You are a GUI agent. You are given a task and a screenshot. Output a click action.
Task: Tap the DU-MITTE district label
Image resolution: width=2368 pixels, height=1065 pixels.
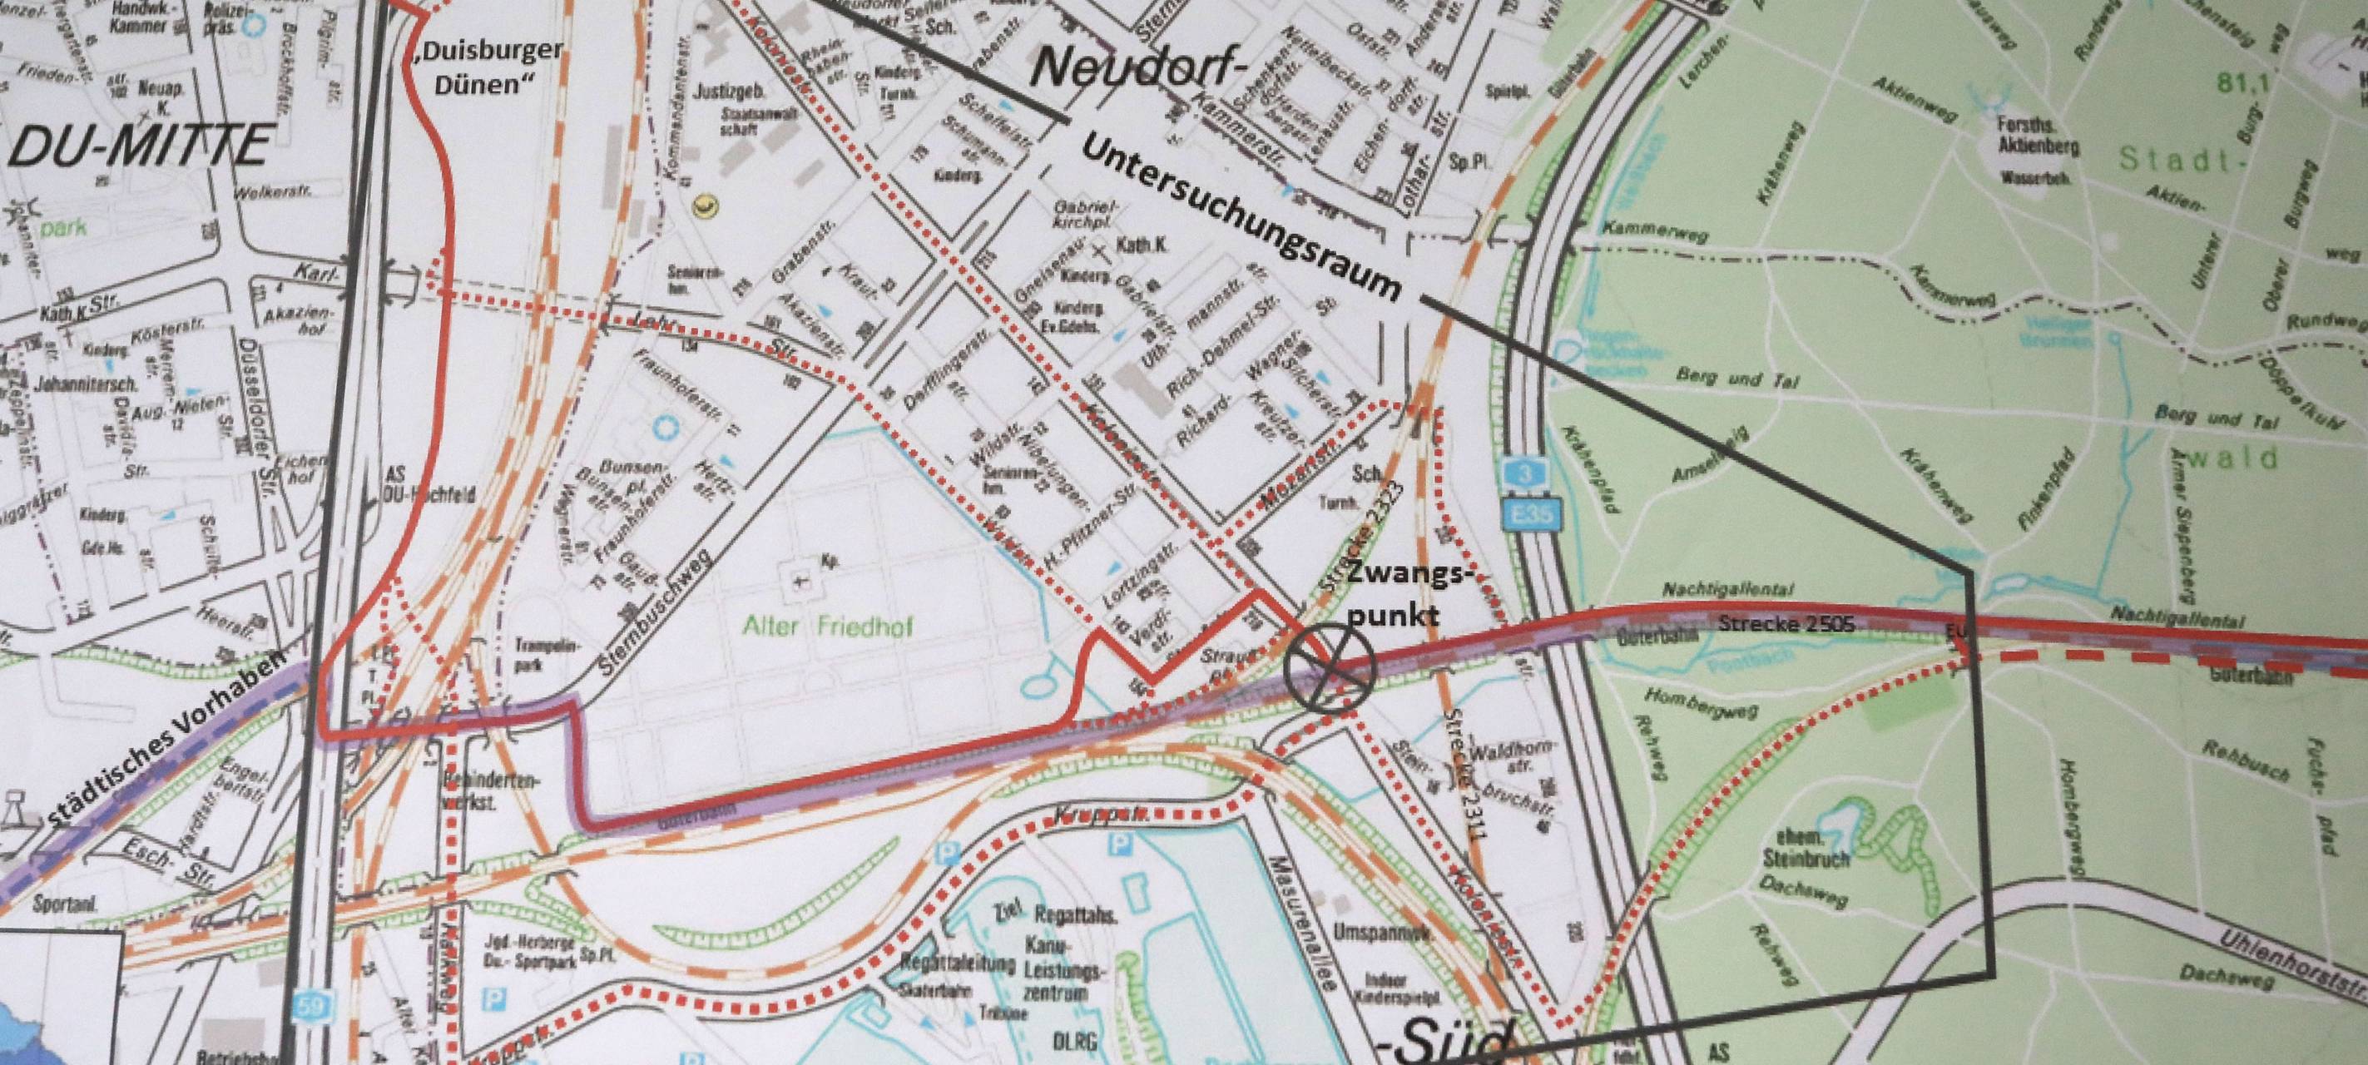[x=138, y=147]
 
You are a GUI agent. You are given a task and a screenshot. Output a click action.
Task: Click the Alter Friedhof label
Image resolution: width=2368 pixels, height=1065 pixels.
[x=844, y=627]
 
